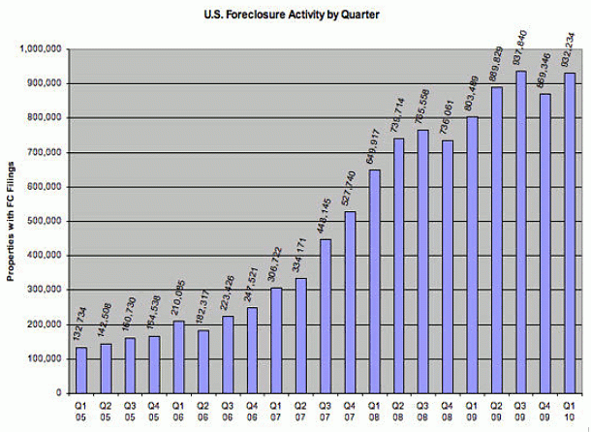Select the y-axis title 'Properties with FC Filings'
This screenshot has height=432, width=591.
pos(13,220)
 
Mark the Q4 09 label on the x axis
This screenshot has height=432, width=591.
pos(547,412)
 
